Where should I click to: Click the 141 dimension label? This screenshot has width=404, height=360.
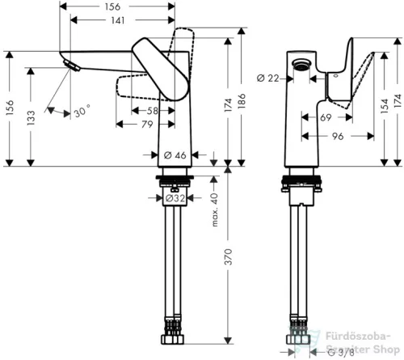point(118,20)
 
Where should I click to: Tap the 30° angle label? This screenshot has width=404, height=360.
point(82,111)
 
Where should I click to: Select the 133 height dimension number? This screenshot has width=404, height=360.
point(31,117)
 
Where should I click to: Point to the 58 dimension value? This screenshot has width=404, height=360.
point(153,111)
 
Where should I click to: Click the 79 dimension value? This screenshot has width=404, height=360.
point(147,125)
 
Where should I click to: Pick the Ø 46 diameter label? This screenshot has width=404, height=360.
point(175,155)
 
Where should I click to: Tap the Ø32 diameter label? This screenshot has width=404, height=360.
point(175,198)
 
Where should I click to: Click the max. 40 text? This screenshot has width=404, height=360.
point(215,210)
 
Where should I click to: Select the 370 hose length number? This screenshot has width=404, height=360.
point(228,256)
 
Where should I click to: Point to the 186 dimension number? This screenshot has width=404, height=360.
point(242,101)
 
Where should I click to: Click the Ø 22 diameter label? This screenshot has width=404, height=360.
point(268,78)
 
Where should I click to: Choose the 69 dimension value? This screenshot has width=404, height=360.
point(326,117)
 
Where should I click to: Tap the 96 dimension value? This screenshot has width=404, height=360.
point(338,136)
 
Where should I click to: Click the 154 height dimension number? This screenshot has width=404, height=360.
point(385,106)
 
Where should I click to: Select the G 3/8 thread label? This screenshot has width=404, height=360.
point(340,352)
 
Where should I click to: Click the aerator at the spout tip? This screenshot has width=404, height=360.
point(71,66)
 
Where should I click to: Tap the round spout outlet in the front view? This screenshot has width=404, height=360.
point(302,65)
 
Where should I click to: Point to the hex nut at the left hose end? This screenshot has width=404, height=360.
point(173,339)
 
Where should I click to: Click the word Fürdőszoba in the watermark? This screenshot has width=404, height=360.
point(358,337)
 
